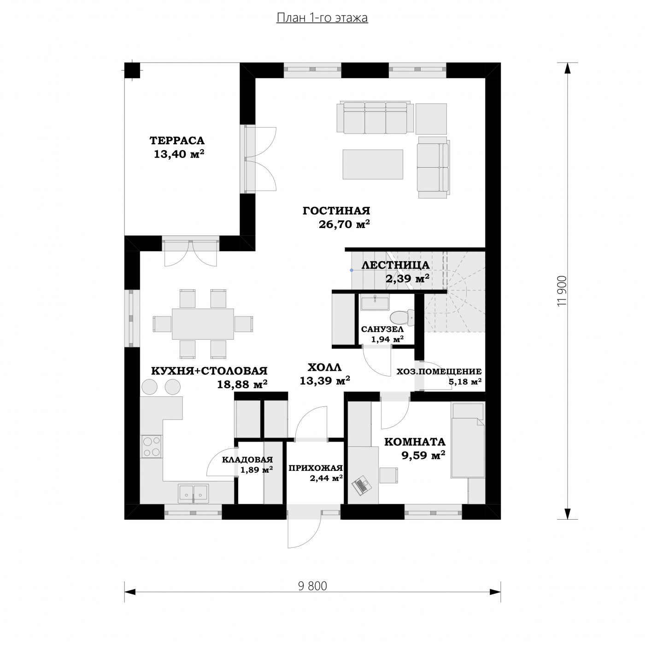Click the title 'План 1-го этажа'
(x=322, y=18)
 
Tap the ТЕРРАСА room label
(x=177, y=140)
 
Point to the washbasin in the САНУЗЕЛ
(x=375, y=303)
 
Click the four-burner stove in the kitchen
(x=151, y=446)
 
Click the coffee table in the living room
(x=373, y=164)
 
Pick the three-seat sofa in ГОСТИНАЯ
(x=375, y=118)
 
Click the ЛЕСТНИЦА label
(x=395, y=265)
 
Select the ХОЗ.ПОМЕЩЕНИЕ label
(x=439, y=371)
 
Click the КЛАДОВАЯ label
(x=247, y=460)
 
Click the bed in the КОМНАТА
(x=468, y=440)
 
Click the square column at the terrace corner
(x=132, y=70)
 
